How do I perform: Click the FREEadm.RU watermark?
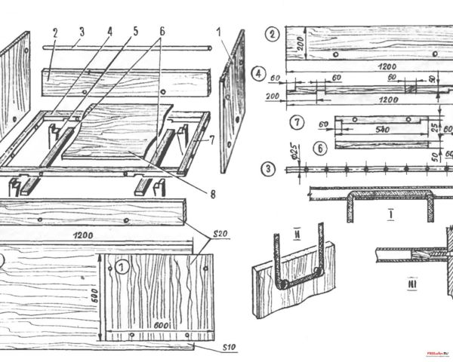point(438,352)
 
